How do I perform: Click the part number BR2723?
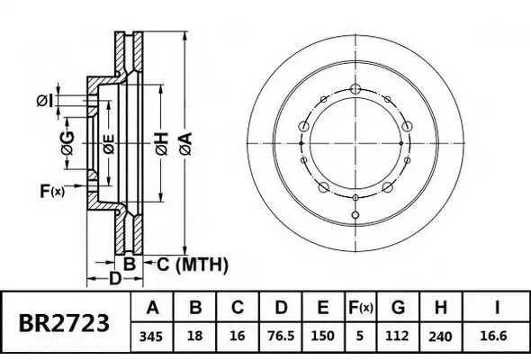[x=64, y=323]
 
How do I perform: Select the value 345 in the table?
[x=151, y=337]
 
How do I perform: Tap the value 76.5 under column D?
[x=281, y=336]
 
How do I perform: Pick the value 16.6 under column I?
[x=493, y=336]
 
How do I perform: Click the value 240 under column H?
[x=440, y=337]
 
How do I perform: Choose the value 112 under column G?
[x=397, y=336]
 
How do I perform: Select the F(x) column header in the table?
[x=361, y=308]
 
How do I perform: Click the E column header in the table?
[x=323, y=308]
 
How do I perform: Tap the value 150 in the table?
[x=323, y=336]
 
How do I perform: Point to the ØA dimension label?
[x=186, y=144]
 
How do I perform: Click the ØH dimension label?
[x=162, y=144]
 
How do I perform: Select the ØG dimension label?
[x=67, y=143]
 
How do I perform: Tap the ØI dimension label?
[x=45, y=101]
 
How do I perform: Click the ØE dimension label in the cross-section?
[x=109, y=144]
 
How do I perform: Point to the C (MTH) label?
[x=193, y=265]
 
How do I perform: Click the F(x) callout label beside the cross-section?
[x=52, y=191]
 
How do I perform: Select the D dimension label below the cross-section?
[x=115, y=279]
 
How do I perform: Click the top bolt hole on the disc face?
[x=355, y=89]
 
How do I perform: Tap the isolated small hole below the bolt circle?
[x=355, y=215]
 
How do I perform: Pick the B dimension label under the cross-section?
[x=129, y=264]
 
